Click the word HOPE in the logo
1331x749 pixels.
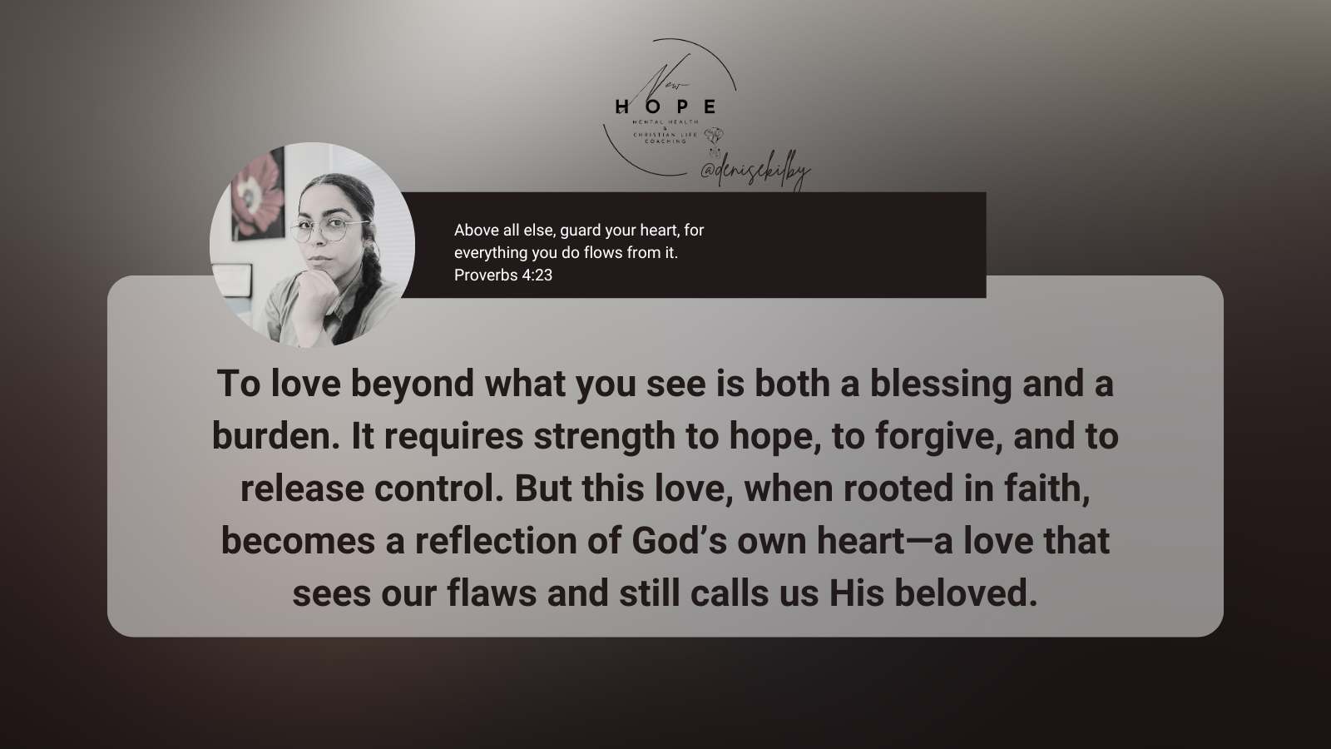click(x=665, y=107)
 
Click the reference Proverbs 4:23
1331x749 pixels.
click(x=503, y=275)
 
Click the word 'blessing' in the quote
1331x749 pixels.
click(x=941, y=384)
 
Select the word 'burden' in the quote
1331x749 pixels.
click(x=275, y=436)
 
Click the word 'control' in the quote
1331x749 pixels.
click(x=438, y=489)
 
